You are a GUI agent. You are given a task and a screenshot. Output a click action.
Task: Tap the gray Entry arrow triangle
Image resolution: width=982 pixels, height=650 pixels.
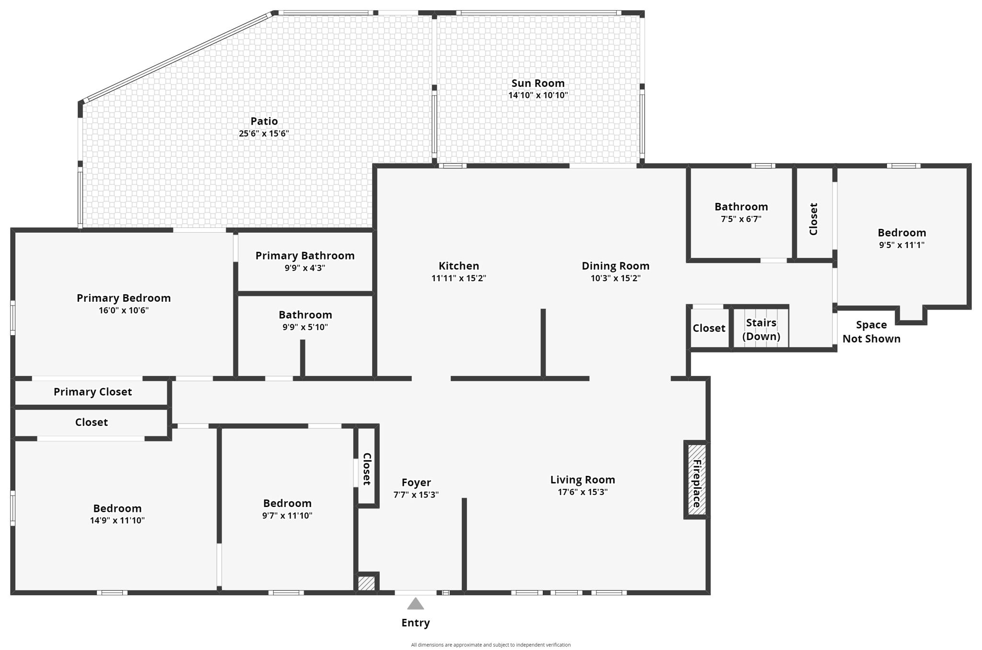coord(415,604)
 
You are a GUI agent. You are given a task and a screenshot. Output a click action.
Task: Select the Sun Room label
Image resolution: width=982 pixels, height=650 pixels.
coord(538,83)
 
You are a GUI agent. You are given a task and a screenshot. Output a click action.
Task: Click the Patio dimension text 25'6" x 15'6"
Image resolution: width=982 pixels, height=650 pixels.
coord(264,134)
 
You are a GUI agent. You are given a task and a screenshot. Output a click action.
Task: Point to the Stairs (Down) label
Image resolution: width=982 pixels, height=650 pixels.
coord(761,330)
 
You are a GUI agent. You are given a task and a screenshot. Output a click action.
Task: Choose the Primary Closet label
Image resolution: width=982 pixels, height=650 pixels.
coord(93,392)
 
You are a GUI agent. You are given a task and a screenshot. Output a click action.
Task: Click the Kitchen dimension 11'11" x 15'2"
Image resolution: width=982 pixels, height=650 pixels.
coord(458,278)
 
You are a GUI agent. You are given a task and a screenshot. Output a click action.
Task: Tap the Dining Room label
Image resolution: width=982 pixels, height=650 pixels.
coord(615,266)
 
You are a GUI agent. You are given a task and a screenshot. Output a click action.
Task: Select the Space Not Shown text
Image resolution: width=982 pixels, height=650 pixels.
coord(871,332)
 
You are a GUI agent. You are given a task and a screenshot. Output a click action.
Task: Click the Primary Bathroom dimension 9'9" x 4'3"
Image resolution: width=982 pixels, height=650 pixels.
coord(305,268)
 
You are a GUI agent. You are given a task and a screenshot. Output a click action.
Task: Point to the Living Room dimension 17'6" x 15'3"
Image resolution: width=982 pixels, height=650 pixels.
coord(582,492)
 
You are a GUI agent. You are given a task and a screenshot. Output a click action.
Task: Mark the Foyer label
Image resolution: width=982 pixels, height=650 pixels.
coord(416,483)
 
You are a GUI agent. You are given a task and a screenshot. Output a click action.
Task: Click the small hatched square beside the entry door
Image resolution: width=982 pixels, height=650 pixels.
coord(366,583)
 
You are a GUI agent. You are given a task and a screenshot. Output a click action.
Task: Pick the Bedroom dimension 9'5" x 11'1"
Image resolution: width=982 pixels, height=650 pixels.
coord(901,245)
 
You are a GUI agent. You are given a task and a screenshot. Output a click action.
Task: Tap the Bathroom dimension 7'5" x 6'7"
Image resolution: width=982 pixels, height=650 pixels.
coord(741,219)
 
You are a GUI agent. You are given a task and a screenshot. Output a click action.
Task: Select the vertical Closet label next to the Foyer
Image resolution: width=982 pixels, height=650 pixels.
coord(367,469)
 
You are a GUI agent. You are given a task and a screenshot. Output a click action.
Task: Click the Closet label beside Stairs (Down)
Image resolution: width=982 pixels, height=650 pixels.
coord(709,329)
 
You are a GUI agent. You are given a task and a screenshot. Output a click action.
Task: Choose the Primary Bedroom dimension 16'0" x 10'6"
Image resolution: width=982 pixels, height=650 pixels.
coord(124,310)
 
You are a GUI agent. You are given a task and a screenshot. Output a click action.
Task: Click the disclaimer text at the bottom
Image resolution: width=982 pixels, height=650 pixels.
coord(491,645)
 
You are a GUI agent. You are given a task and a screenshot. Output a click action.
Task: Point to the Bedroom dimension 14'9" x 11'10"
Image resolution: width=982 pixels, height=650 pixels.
coord(117,520)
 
